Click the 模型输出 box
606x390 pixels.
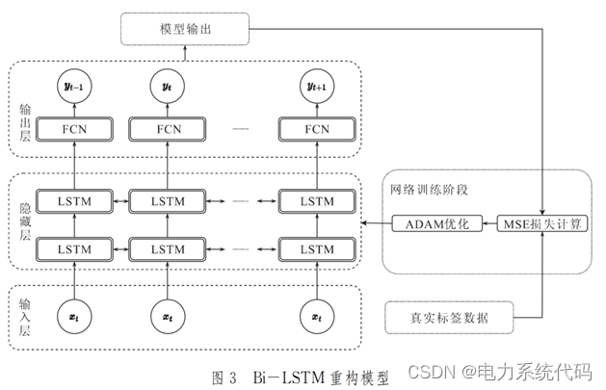tap(185, 29)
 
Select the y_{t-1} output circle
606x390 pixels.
tap(74, 86)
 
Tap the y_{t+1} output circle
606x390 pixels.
tap(317, 86)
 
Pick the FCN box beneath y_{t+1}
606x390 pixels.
tap(317, 129)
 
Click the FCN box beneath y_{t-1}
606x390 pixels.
tap(74, 129)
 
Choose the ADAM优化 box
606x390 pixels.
tap(437, 223)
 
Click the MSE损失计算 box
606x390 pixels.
tap(542, 223)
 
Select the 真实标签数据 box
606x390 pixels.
tap(449, 318)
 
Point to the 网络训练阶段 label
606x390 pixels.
tap(429, 190)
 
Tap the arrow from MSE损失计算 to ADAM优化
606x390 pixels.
tap(489, 223)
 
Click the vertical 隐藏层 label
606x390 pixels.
tap(25, 222)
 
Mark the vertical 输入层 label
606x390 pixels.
tap(25, 318)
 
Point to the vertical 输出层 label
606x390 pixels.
tap(25, 123)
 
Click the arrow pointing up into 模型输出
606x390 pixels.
tap(185, 53)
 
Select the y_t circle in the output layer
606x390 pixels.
tap(167, 86)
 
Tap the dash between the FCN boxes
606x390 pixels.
tap(241, 129)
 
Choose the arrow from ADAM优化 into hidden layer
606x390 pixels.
tap(377, 223)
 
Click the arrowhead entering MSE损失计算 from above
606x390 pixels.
tap(542, 213)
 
